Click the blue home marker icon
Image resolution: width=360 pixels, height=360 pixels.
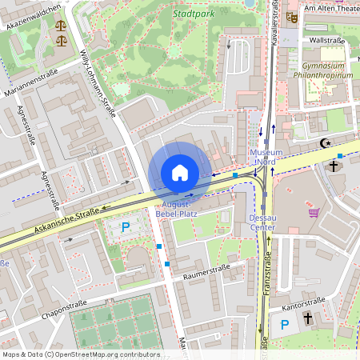click(179, 172)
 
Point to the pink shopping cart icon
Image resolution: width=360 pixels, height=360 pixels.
click(314, 213)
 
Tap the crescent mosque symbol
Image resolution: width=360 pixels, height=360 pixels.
click(325, 143)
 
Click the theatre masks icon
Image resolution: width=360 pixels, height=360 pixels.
click(292, 15)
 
